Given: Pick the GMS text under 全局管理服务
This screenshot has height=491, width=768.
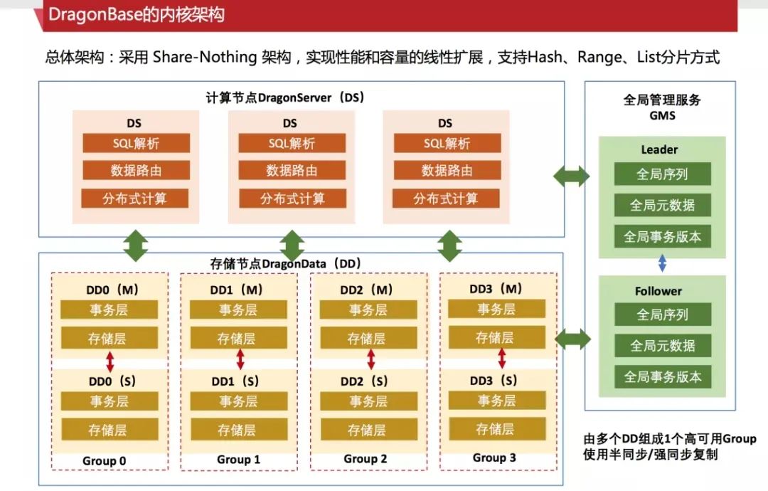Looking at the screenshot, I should click(661, 115).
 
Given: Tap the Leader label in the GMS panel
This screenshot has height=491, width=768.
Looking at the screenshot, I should click(659, 149).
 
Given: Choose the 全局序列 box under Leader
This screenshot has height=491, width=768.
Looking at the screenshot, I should click(662, 174).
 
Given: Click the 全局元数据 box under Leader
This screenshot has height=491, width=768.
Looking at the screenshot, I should click(662, 206).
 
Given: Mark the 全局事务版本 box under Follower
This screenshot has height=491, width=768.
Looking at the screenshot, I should click(662, 377).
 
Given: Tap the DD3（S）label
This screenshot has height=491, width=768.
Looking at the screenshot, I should click(496, 381).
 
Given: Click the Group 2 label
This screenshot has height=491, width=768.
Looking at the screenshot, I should click(366, 459).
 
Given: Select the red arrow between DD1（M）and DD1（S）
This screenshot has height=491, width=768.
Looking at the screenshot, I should click(240, 359).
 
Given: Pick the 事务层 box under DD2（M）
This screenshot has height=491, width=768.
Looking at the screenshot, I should click(368, 310).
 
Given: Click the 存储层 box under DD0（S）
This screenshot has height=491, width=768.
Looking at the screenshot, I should click(108, 430).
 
